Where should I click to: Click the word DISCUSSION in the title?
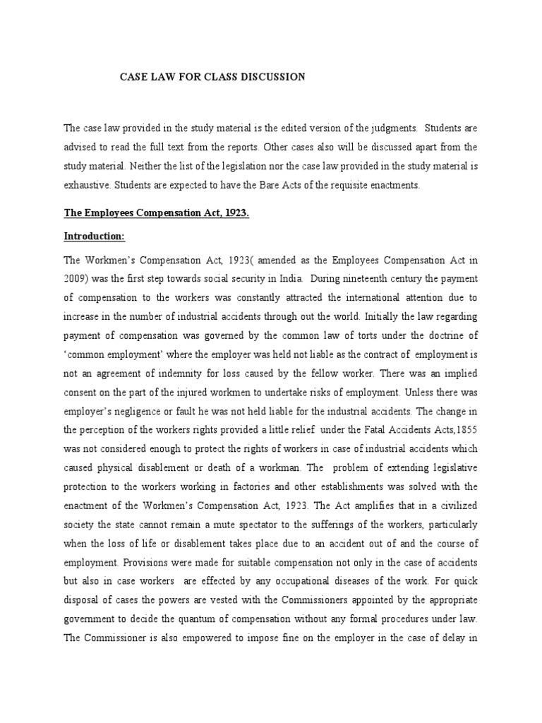(x=272, y=77)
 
